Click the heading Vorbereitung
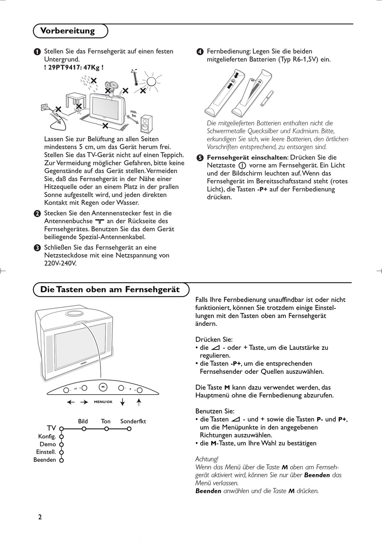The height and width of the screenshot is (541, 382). pyautogui.click(x=68, y=31)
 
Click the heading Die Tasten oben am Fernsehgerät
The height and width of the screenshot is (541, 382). pyautogui.click(x=110, y=289)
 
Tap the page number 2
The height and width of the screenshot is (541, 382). pyautogui.click(x=40, y=517)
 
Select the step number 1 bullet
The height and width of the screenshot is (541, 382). pyautogui.click(x=37, y=52)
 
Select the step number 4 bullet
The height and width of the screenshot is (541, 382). pyautogui.click(x=200, y=52)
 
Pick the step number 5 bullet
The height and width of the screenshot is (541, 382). pyautogui.click(x=200, y=158)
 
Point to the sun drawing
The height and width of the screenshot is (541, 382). pyautogui.click(x=152, y=82)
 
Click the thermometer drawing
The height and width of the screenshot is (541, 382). pyautogui.click(x=136, y=78)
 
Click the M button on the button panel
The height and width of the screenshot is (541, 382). pyautogui.click(x=103, y=387)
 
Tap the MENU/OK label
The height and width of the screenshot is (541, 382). pyautogui.click(x=103, y=402)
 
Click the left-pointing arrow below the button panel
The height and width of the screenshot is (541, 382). pyautogui.click(x=71, y=402)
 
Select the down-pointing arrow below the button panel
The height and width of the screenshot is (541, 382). pyautogui.click(x=123, y=402)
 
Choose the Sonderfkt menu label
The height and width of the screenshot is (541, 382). pyautogui.click(x=133, y=421)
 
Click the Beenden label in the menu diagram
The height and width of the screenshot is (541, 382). pyautogui.click(x=45, y=460)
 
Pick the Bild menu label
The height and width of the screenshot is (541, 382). pyautogui.click(x=83, y=421)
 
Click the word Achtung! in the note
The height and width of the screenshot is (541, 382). pyautogui.click(x=207, y=459)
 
